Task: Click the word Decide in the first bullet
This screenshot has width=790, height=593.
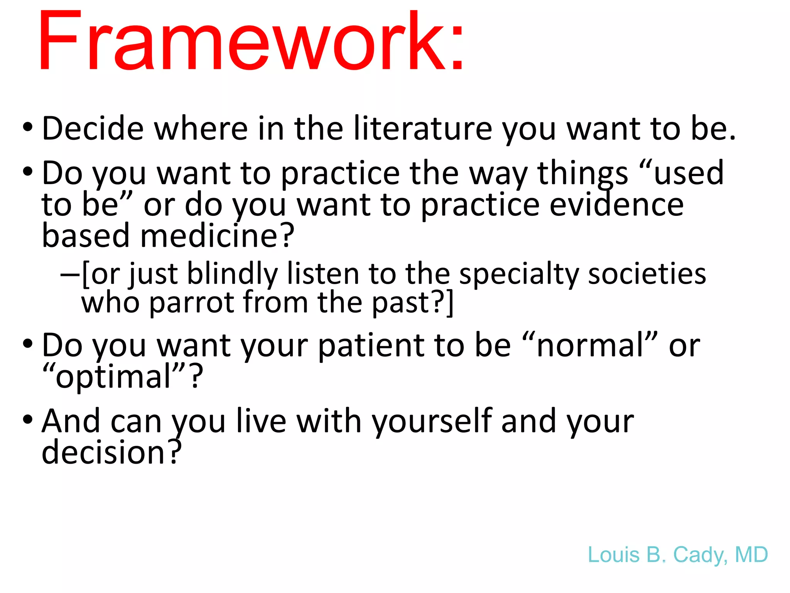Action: [93, 128]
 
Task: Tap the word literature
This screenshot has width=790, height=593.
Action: [423, 128]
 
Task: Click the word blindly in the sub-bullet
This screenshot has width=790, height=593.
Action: [232, 274]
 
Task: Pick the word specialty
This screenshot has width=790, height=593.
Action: [519, 274]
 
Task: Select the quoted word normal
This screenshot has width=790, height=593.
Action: [590, 345]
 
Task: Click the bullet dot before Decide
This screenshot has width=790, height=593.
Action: [27, 127]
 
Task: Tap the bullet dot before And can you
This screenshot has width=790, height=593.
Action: [27, 420]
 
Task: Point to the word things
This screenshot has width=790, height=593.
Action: [582, 173]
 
